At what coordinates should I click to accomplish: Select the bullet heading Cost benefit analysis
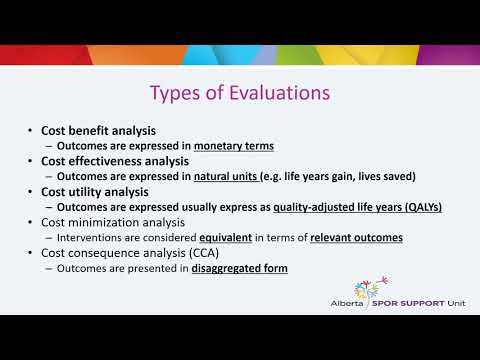[98, 131]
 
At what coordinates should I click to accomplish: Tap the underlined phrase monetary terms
[234, 146]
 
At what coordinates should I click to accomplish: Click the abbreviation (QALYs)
[419, 208]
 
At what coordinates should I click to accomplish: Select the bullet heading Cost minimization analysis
[113, 222]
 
